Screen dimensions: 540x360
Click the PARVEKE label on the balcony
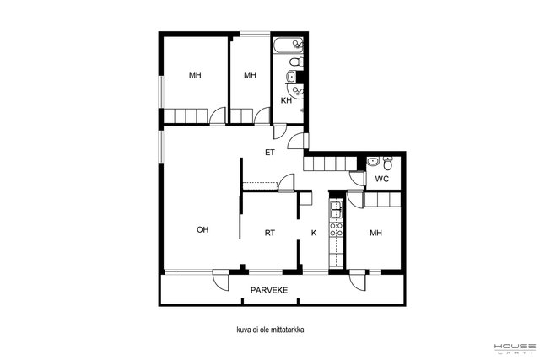coord(269,290)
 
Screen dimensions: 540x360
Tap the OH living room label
coord(202,229)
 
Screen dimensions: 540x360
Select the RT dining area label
coord(270,233)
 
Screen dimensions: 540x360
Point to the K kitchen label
coord(314,233)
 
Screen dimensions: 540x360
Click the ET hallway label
coord(270,152)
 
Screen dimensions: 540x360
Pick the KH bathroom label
coord(286,100)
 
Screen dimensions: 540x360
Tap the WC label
coord(382,179)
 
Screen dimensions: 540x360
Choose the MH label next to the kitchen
coord(375,233)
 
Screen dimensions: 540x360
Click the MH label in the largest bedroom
coord(195,75)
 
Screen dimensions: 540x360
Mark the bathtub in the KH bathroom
coord(289,46)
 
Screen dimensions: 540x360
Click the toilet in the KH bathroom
coord(296,62)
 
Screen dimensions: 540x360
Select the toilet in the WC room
coord(388,163)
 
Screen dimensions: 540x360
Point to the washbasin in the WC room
coord(372,161)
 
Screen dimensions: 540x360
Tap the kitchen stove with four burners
coord(337,229)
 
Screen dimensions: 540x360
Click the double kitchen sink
coord(337,210)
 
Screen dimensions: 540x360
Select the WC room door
coord(357,178)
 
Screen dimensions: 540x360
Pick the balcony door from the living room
coord(221,279)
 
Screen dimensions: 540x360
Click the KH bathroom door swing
coord(279,132)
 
